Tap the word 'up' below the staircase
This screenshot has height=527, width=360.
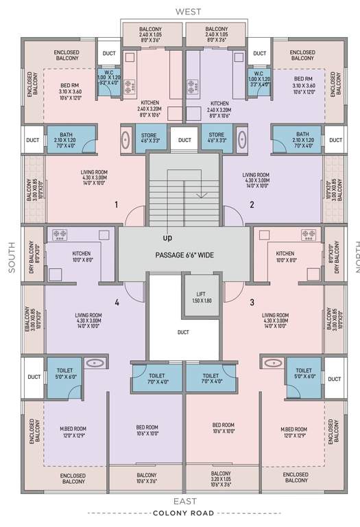pos(167,238)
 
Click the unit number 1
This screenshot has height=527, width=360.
pos(117,204)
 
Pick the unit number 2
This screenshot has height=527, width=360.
pos(252,204)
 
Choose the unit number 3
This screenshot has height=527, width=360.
pos(252,302)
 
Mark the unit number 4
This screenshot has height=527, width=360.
pos(117,302)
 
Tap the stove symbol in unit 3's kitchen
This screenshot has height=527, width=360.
pos(308,235)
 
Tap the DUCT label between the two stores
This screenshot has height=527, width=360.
pos(184,140)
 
